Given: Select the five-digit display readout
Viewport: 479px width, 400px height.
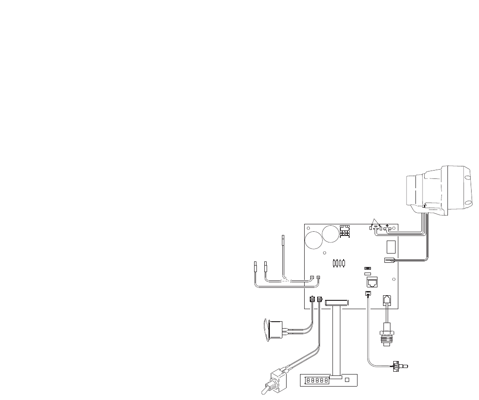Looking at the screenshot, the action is point(317,381).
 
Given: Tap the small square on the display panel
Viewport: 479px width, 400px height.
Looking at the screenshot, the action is point(347,381).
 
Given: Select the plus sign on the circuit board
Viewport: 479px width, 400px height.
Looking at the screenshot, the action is point(387,224).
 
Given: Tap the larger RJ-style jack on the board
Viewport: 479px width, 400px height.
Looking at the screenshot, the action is point(372,282).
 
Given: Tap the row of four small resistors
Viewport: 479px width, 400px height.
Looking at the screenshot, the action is point(340,263).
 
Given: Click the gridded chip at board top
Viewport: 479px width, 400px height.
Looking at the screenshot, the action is point(345,231).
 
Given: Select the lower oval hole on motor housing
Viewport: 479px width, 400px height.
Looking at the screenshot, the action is point(469,203).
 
